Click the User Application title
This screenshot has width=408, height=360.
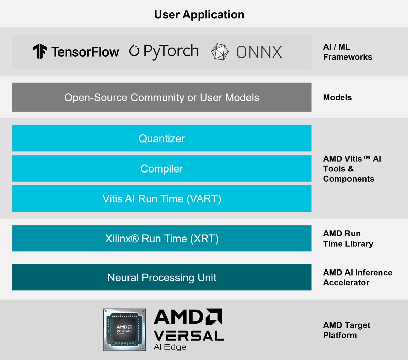tap(199, 15)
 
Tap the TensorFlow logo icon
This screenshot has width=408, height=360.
tap(40, 51)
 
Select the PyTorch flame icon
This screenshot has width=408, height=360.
tap(134, 51)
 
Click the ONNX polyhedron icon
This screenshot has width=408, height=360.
tap(220, 52)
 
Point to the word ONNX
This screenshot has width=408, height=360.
tap(259, 52)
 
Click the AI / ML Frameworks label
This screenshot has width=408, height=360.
tap(347, 52)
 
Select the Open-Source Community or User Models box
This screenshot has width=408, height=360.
tap(162, 97)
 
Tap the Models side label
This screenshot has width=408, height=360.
tap(337, 98)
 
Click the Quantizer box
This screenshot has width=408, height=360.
tap(162, 138)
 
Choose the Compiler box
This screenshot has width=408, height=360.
tap(162, 169)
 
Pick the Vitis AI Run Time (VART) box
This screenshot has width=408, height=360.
tap(162, 199)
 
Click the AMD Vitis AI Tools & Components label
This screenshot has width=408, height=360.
tap(352, 169)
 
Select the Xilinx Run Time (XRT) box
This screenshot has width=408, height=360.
tap(162, 239)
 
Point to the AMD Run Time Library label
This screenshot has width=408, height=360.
tap(348, 239)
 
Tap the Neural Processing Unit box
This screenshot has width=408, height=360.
tap(162, 278)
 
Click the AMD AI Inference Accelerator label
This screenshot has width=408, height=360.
tap(357, 278)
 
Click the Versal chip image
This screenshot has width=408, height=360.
tap(124, 330)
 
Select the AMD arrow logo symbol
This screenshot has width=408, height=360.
tap(214, 316)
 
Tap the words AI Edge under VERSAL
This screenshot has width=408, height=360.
tap(170, 347)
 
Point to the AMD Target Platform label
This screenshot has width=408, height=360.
tap(346, 330)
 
